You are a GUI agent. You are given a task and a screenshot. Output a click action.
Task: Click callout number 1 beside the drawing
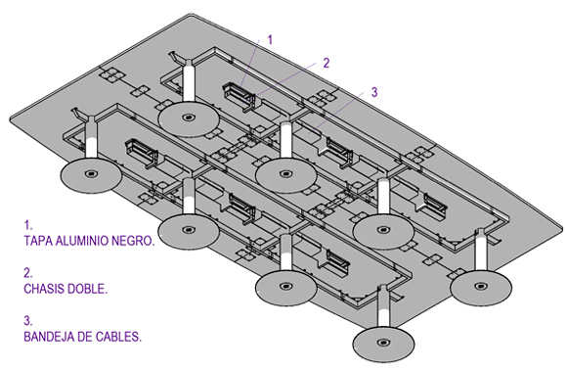tap(270, 39)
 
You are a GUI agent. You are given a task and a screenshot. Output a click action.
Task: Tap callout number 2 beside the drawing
tap(327, 63)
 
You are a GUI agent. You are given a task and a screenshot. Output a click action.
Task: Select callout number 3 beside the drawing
tap(374, 92)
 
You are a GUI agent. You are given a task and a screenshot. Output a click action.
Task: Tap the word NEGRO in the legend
tap(133, 241)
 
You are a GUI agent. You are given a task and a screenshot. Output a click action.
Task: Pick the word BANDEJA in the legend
tap(47, 337)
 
